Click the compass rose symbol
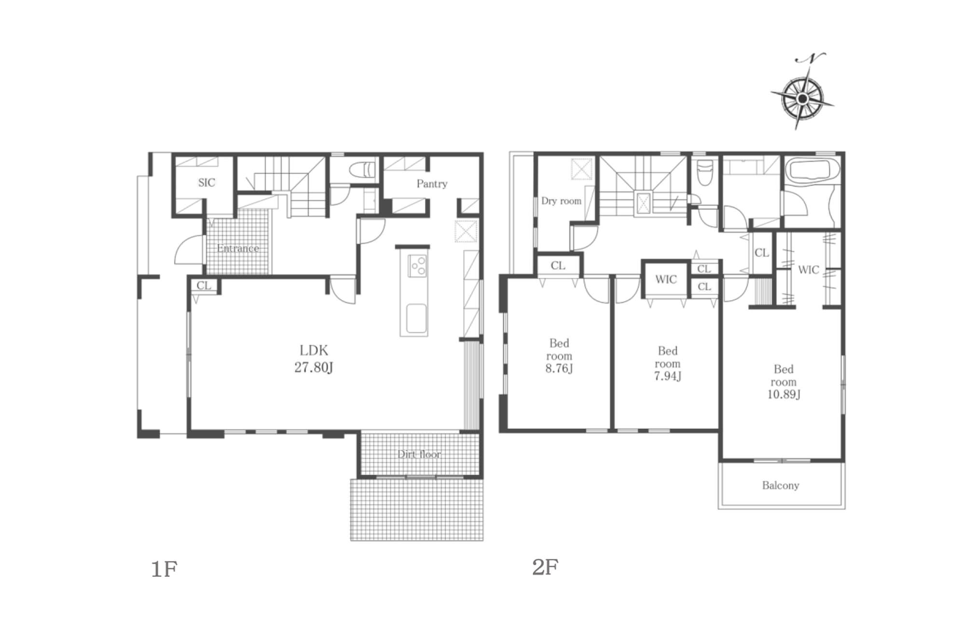(x=802, y=98)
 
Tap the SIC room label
(x=207, y=182)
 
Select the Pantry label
(x=432, y=184)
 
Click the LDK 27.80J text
(x=314, y=358)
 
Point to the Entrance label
(x=238, y=248)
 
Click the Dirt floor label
(x=419, y=454)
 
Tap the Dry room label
(x=561, y=201)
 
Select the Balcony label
(x=781, y=485)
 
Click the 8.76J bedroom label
(x=559, y=356)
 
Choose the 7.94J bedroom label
(x=668, y=364)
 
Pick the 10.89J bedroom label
(x=784, y=382)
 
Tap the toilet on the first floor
(x=362, y=170)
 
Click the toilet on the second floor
(x=705, y=173)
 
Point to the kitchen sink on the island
(x=416, y=318)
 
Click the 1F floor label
(x=164, y=569)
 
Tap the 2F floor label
(x=545, y=567)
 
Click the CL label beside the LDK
(x=204, y=286)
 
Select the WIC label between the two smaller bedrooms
(x=666, y=279)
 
